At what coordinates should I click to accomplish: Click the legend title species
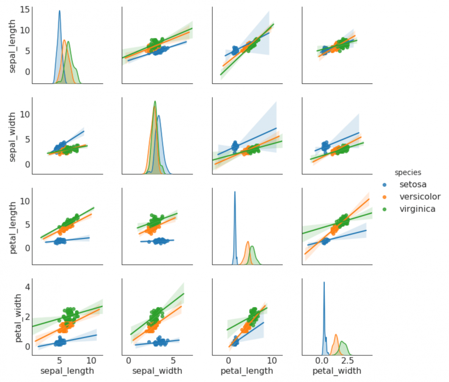[408, 172]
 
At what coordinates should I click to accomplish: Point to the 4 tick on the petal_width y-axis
[25, 286]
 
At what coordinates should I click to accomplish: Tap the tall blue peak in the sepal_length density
[60, 11]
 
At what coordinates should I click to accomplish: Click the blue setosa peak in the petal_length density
[235, 192]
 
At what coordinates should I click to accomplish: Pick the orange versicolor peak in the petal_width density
[336, 335]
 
